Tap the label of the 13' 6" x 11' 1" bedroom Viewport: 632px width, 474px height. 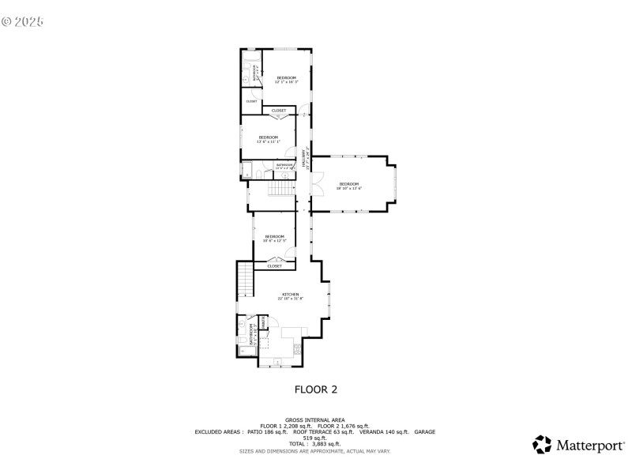268,139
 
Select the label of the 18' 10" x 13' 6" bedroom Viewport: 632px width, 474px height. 348,186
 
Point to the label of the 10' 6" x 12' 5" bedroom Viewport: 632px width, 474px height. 274,238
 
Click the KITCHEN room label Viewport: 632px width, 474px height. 290,296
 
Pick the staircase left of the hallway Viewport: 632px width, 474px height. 279,190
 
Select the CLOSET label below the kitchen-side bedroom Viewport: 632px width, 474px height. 274,266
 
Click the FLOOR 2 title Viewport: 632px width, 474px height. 316,389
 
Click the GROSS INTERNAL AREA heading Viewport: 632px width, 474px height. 315,419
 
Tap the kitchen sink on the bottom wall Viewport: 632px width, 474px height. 277,363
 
